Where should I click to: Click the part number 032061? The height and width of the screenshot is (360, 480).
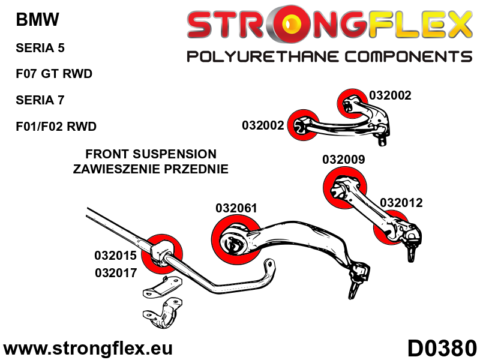(236, 209)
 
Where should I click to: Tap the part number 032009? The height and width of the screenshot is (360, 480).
(343, 160)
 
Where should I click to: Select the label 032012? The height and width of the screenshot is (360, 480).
(401, 203)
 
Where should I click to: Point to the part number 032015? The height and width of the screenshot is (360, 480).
(116, 255)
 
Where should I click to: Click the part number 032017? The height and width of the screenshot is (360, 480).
(116, 272)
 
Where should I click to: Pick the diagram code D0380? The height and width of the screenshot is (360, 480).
(442, 347)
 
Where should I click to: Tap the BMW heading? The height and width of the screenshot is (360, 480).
(37, 20)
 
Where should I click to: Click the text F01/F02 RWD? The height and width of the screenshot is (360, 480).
(56, 127)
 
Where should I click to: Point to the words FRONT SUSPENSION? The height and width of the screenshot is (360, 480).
(151, 154)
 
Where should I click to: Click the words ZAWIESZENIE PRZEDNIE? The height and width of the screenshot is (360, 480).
(151, 169)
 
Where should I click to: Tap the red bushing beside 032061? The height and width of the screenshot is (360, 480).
(235, 240)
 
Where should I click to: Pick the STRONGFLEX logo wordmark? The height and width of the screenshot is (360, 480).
(329, 26)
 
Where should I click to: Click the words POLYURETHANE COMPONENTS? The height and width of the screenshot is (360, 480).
(329, 57)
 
